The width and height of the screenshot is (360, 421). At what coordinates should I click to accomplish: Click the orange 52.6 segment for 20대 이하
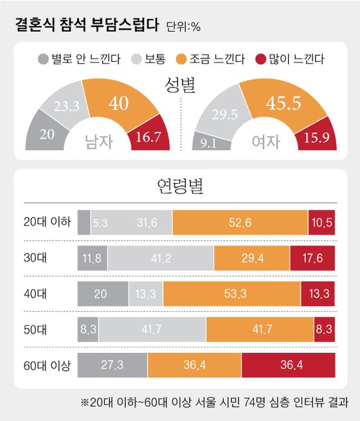click(240, 222)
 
